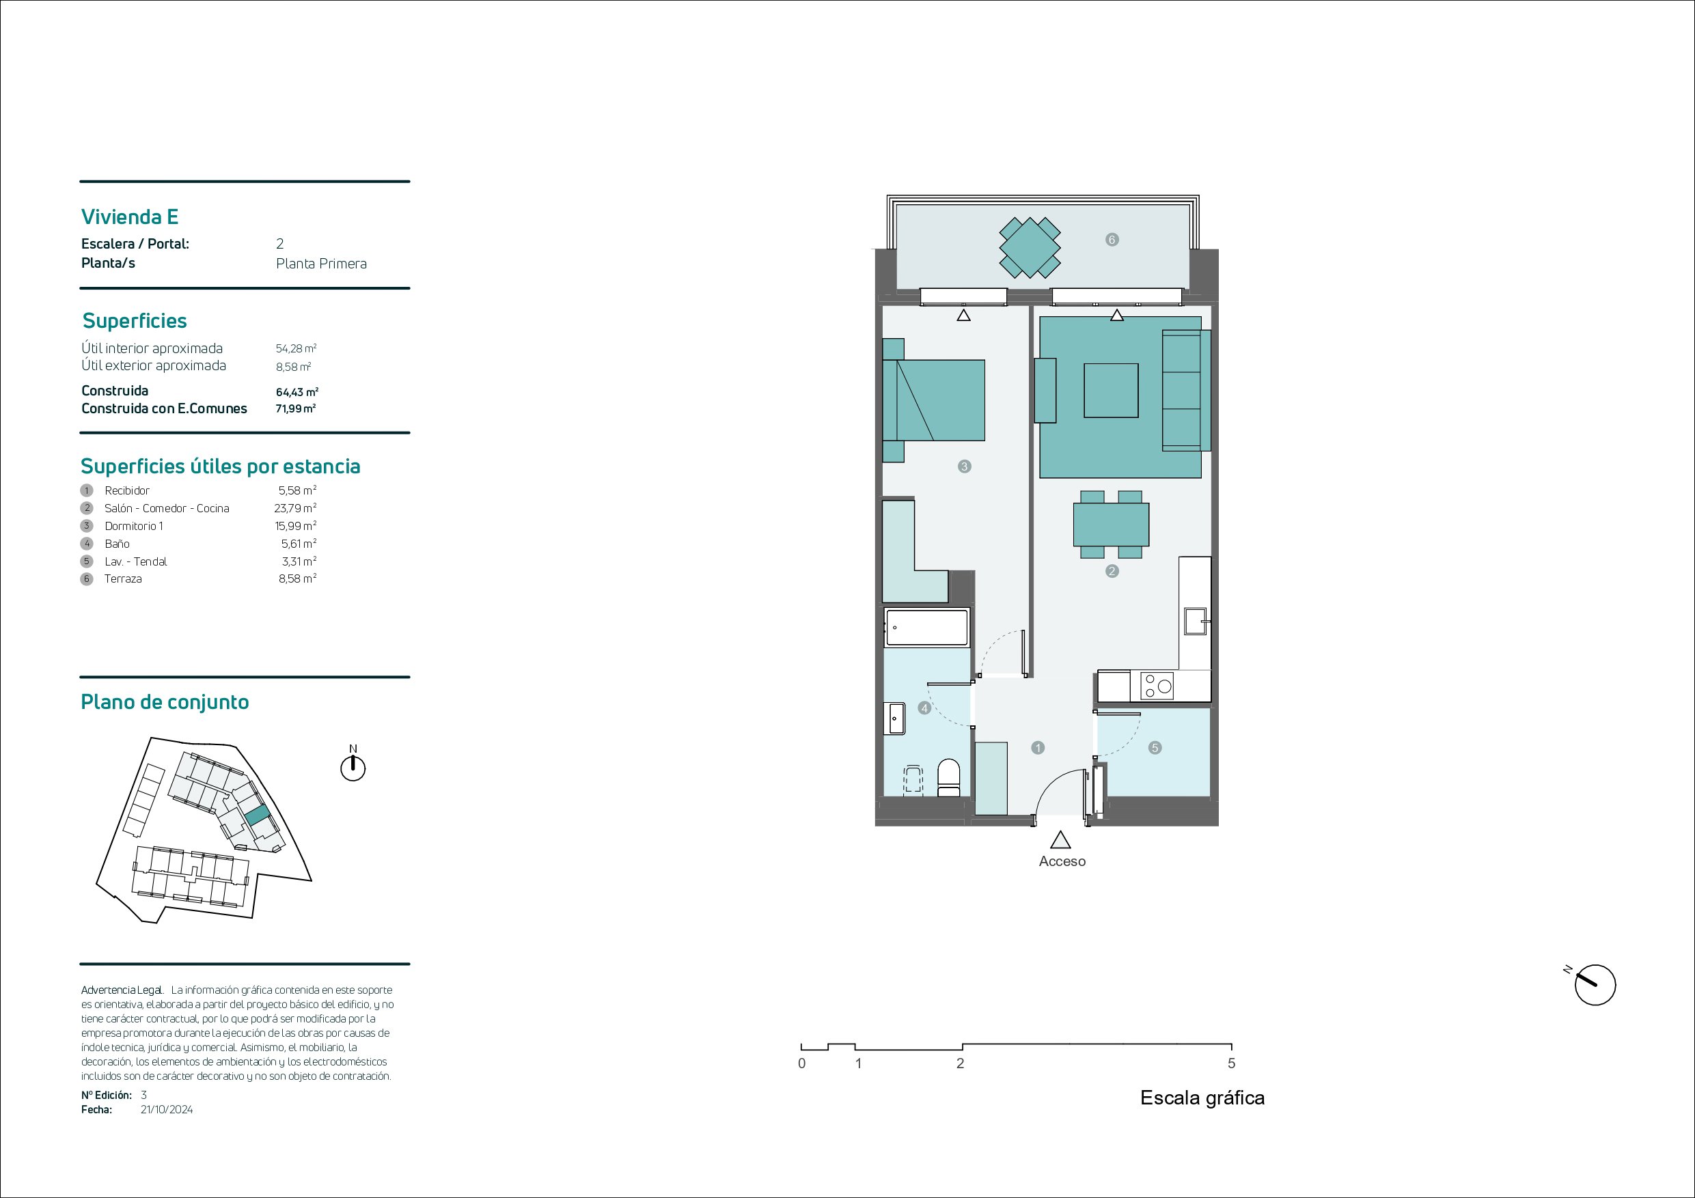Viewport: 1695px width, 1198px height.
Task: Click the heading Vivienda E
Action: point(130,217)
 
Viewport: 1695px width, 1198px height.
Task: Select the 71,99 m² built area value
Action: point(295,408)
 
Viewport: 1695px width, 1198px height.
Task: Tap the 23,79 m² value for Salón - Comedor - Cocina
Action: point(295,508)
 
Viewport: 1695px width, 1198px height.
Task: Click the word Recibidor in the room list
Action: point(127,490)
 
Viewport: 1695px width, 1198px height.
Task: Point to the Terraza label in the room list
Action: point(123,579)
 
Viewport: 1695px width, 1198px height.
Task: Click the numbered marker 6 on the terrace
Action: point(1112,239)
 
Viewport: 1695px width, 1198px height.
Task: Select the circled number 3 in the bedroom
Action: point(964,466)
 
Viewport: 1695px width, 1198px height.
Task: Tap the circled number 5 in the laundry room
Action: point(1155,748)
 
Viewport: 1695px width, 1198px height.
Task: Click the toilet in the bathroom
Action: point(948,778)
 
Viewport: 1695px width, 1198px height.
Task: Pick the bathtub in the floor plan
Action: point(926,628)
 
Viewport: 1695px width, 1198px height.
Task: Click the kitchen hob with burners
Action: point(1157,686)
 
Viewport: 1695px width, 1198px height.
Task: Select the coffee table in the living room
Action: point(1111,391)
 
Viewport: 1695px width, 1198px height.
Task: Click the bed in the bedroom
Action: point(934,400)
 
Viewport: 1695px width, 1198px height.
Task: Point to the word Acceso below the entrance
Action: point(1062,861)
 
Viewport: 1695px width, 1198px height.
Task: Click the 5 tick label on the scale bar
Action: point(1231,1063)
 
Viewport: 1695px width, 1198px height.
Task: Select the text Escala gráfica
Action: point(1202,1098)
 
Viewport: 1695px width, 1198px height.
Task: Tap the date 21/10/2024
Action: point(167,1109)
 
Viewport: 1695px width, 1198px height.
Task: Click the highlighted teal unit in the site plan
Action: point(257,816)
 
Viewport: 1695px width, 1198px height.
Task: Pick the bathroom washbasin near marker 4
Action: point(894,719)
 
